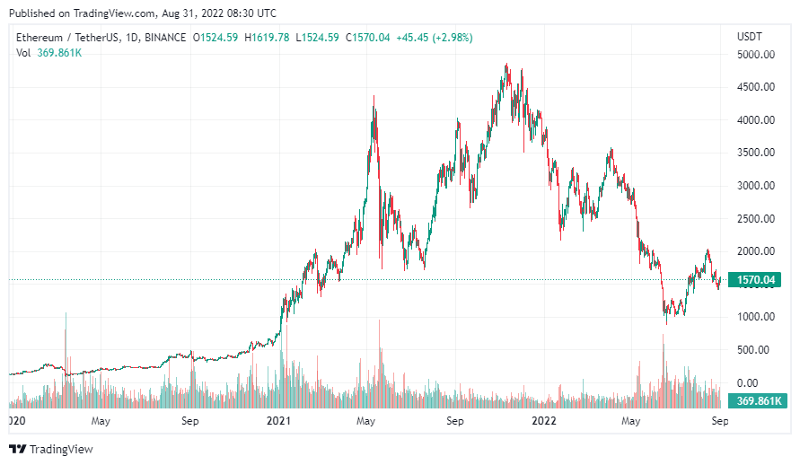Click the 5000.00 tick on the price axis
755,54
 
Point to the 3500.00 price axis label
755,153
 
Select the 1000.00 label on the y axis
755,317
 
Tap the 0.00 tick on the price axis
747,382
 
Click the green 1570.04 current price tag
754,280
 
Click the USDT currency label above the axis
749,37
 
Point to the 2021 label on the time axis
279,420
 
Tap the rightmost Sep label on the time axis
719,420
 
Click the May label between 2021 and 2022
365,420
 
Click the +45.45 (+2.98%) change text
435,38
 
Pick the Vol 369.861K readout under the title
50,53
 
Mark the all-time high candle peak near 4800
507,65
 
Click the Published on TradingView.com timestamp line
143,13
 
